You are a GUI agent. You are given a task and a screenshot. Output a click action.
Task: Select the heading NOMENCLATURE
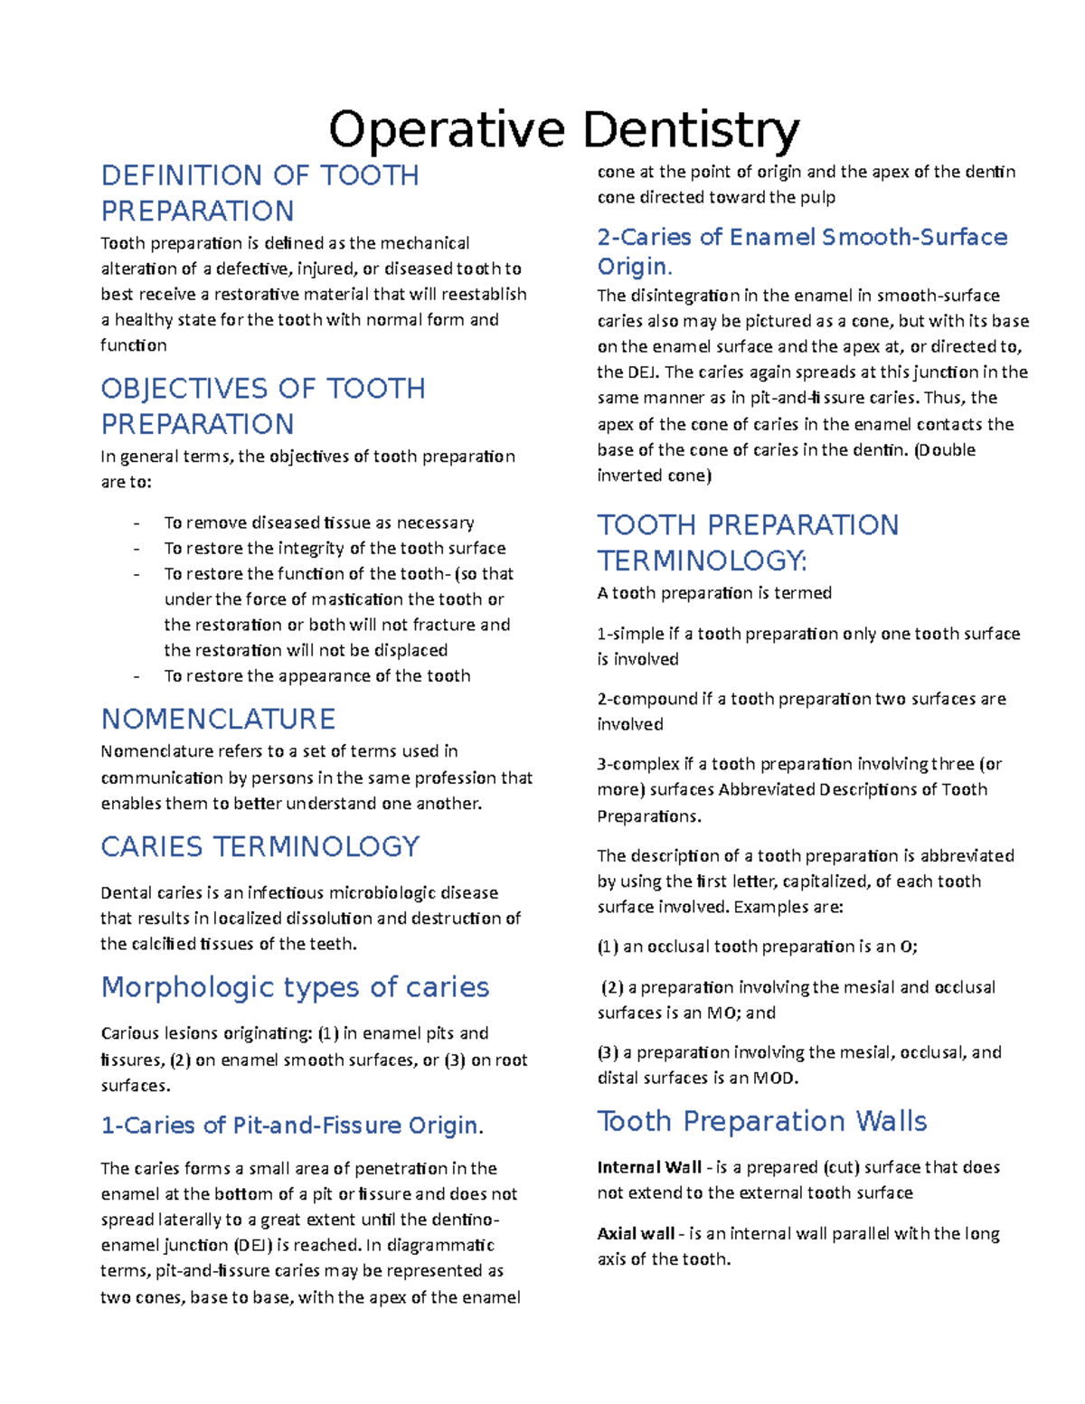coord(218,719)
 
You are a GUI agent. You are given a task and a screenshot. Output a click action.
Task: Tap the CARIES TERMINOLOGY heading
coord(259,846)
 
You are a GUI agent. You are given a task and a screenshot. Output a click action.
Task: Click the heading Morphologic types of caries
coord(295,986)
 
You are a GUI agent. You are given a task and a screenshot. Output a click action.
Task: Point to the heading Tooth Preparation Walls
coord(761,1121)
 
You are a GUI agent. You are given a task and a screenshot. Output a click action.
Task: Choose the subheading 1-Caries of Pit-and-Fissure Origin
coord(292,1126)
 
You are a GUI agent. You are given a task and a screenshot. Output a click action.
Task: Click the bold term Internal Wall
coord(648,1167)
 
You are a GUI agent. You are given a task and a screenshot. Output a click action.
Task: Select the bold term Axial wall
coord(636,1233)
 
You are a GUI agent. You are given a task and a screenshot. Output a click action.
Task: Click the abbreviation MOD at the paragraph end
coord(774,1078)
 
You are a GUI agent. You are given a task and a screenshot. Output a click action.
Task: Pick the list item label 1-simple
coord(630,634)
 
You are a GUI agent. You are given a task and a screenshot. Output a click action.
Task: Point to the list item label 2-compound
coord(647,699)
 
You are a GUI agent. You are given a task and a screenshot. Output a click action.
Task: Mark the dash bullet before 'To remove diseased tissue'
coord(137,523)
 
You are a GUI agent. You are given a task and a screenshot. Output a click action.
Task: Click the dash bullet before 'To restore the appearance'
coord(137,676)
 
